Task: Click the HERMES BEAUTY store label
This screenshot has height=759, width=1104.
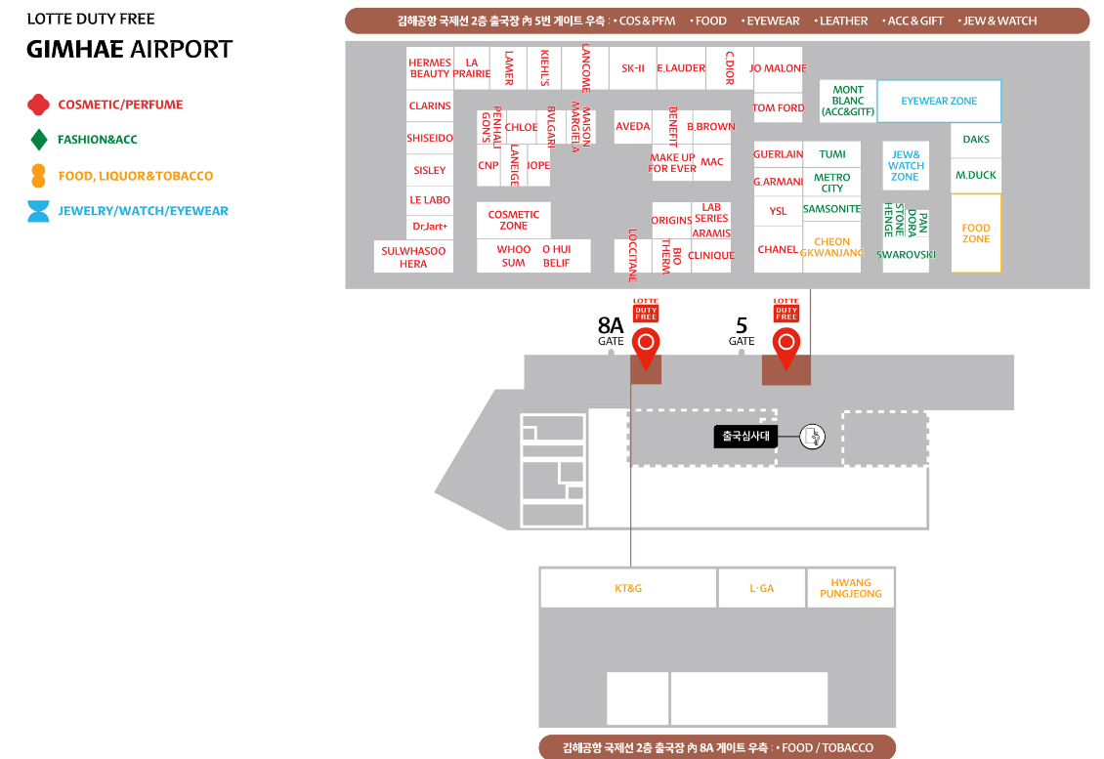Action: click(430, 68)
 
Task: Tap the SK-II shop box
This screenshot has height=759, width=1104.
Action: click(633, 68)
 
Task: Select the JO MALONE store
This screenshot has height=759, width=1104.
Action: click(778, 68)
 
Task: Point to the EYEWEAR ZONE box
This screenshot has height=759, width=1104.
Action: click(939, 101)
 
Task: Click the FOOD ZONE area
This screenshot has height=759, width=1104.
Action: click(976, 233)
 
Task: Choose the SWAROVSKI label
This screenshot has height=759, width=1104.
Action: click(906, 255)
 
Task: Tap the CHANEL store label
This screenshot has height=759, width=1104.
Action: click(778, 250)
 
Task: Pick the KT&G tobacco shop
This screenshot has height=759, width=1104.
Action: click(628, 588)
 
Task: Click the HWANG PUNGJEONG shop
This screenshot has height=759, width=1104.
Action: click(850, 588)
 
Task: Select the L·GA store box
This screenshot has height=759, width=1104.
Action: click(761, 588)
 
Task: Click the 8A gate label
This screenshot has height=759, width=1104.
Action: click(611, 330)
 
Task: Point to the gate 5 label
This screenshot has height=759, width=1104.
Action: click(742, 330)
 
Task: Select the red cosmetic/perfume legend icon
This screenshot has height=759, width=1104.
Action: click(38, 105)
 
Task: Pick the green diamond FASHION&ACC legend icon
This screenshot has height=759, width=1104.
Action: click(39, 140)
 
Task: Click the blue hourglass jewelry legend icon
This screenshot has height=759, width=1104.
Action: click(38, 211)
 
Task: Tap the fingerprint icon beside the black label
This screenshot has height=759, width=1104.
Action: click(813, 437)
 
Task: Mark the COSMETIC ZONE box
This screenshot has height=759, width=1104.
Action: click(514, 220)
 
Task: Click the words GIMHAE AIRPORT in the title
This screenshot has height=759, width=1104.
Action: click(130, 49)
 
